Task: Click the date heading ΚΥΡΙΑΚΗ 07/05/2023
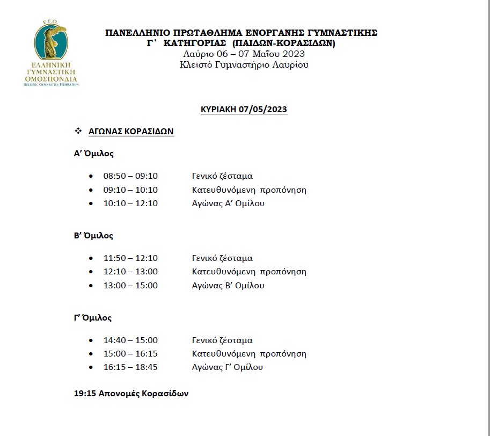pyautogui.click(x=244, y=110)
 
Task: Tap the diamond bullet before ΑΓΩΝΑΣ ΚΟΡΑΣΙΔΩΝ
pyautogui.click(x=78, y=131)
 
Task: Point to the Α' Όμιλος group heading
pyautogui.click(x=94, y=154)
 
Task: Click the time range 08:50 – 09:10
pyautogui.click(x=130, y=176)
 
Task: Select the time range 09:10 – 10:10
pyautogui.click(x=130, y=190)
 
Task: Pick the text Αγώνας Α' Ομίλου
pyautogui.click(x=228, y=204)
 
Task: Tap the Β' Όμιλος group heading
pyautogui.click(x=94, y=236)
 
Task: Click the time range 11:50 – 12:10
pyautogui.click(x=130, y=258)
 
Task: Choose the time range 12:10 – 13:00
pyautogui.click(x=130, y=272)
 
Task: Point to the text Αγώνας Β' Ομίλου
pyautogui.click(x=228, y=286)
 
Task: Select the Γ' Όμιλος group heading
pyautogui.click(x=93, y=318)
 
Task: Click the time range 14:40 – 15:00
pyautogui.click(x=130, y=340)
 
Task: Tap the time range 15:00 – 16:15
pyautogui.click(x=130, y=354)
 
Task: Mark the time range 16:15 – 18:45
pyautogui.click(x=130, y=368)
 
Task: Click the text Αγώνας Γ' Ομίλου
pyautogui.click(x=228, y=368)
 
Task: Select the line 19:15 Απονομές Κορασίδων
pyautogui.click(x=131, y=394)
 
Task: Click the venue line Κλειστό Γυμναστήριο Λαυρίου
pyautogui.click(x=244, y=65)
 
